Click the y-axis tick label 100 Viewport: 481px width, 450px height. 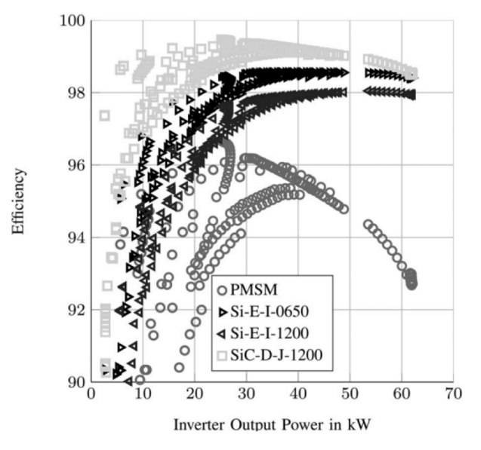(71, 20)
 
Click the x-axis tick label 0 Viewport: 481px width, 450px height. (91, 394)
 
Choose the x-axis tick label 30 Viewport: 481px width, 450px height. (246, 394)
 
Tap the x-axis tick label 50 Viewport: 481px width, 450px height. (350, 394)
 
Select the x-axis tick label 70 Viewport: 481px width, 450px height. (453, 394)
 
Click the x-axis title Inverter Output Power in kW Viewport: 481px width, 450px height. (272, 425)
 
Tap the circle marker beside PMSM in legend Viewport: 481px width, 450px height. (221, 289)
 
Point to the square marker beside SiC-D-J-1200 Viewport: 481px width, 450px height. (221, 353)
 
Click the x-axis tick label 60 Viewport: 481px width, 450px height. (401, 394)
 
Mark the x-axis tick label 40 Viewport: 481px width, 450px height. (298, 394)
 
